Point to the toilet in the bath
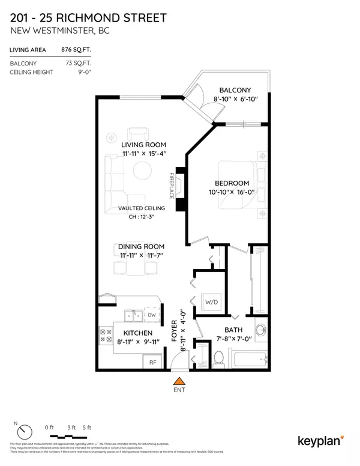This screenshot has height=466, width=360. point(219,358)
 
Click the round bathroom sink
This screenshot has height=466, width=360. point(260,331)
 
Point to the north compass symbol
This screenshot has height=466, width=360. point(24,431)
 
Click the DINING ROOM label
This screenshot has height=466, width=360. point(142,246)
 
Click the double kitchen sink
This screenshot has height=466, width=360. point(133,315)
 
